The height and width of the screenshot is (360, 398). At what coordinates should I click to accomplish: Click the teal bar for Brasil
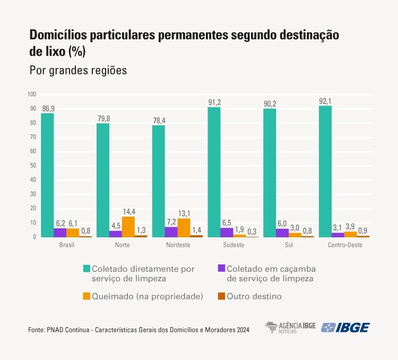47,175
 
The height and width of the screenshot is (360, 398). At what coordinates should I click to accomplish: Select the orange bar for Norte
128,227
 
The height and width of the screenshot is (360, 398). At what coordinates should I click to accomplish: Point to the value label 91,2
214,102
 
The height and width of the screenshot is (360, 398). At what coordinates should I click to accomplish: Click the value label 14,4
128,211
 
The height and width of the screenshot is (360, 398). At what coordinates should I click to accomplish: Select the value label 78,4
159,121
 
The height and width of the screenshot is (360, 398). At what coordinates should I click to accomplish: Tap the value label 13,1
184,213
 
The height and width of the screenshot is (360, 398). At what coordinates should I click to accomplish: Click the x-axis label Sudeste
233,245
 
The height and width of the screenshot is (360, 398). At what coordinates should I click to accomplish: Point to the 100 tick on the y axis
32,95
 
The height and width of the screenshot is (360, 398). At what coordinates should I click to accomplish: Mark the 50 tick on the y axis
33,166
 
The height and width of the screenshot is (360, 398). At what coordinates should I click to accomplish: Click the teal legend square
86,268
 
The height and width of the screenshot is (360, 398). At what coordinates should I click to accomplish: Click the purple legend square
221,268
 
